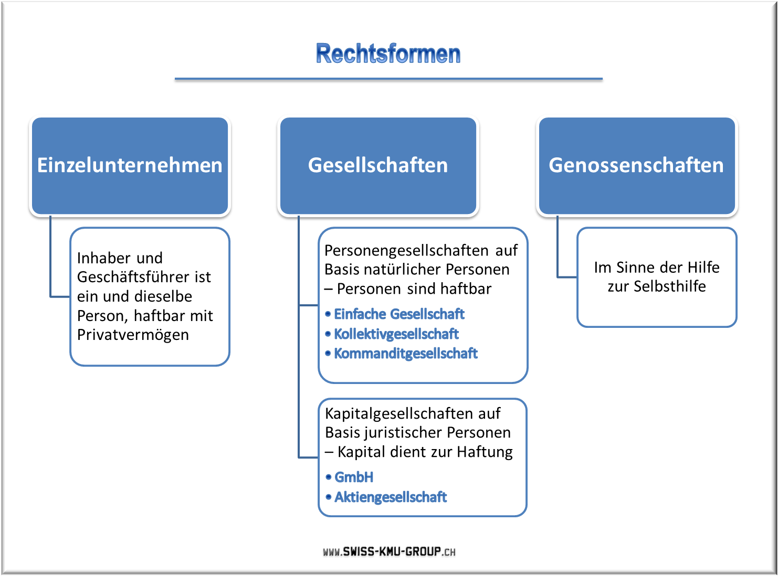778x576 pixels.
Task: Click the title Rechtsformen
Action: pos(388,54)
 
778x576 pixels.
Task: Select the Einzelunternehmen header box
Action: pos(130,165)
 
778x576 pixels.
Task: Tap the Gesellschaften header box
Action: pos(378,165)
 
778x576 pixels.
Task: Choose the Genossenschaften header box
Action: pos(637,165)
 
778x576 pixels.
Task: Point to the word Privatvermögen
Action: pos(133,335)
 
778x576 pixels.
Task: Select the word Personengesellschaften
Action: pos(406,251)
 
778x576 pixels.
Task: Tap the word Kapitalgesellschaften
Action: pos(399,414)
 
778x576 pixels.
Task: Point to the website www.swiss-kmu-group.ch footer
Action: pos(389,551)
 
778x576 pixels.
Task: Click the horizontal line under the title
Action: pos(388,79)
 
